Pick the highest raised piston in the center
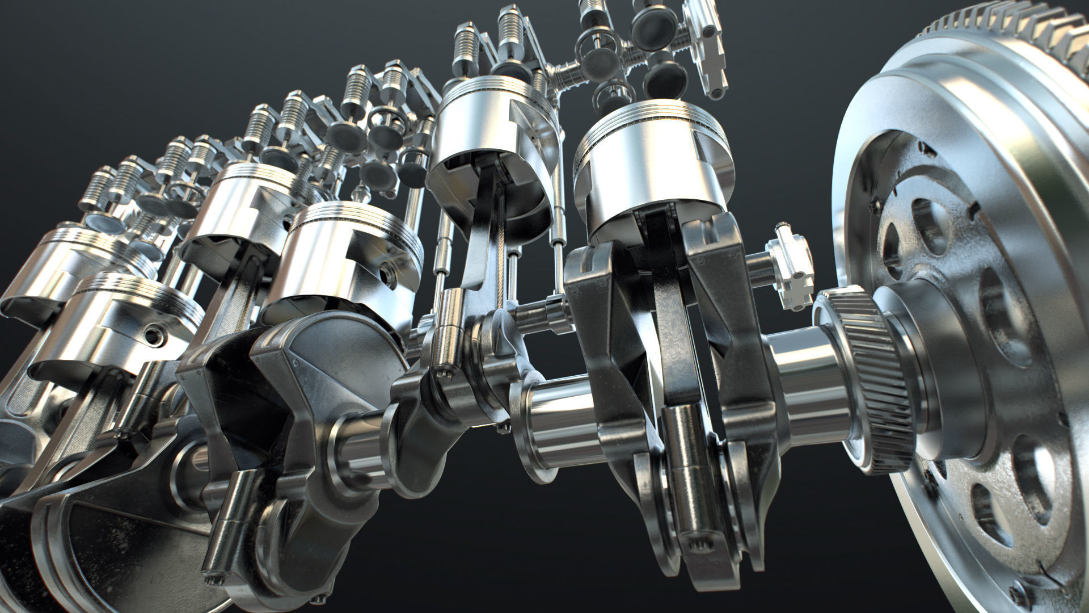coord(493,131)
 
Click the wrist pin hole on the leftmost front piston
coord(154,336)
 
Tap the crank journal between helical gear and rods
coord(805,375)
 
